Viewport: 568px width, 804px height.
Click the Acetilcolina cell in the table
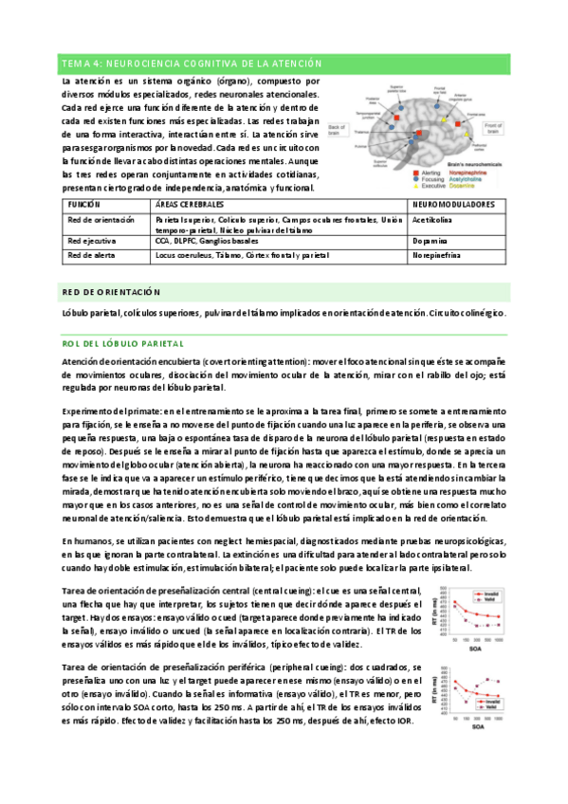[433, 219]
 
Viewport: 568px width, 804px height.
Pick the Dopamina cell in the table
[430, 242]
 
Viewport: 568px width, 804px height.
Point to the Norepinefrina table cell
[438, 256]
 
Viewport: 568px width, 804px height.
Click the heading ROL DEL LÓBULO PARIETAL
[122, 342]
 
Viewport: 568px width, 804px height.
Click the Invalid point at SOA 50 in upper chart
[455, 603]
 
